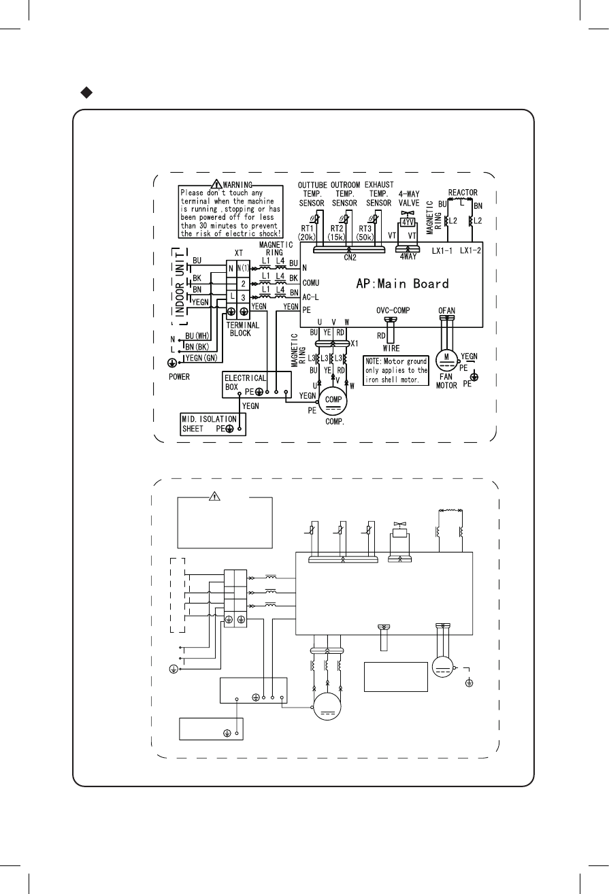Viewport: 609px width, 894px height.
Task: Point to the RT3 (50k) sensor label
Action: pos(378,232)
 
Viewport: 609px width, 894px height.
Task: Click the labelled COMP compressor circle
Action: pos(334,401)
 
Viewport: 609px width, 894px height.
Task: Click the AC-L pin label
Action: pos(312,297)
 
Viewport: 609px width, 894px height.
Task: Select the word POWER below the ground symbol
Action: pos(180,376)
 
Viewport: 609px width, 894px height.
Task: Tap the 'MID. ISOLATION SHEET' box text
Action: pos(209,423)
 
